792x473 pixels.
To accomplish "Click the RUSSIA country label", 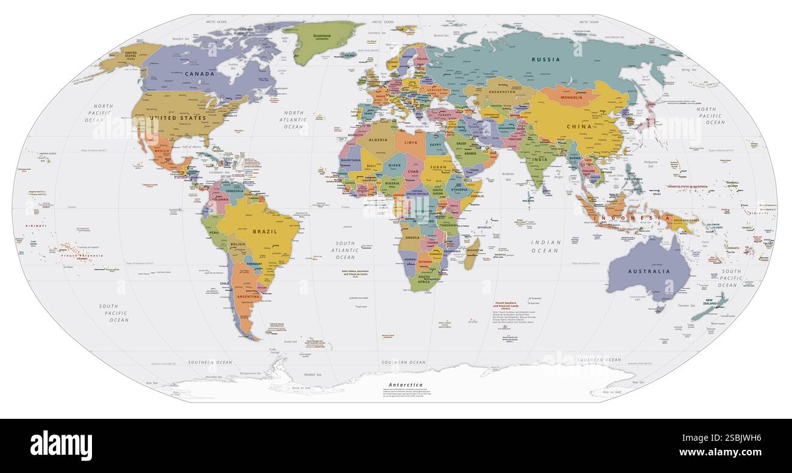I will [546, 60].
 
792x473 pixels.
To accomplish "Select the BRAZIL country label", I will [265, 231].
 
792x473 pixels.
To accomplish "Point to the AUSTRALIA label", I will [650, 272].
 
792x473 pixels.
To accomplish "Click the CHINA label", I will [579, 127].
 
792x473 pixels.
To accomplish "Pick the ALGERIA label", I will [378, 140].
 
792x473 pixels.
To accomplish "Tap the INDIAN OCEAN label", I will [545, 246].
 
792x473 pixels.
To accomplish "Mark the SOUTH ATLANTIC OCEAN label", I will [345, 250].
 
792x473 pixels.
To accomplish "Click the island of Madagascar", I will [471, 255].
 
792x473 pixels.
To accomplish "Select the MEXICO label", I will [162, 151].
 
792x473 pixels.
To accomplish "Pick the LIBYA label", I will [411, 142].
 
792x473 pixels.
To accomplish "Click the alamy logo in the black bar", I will [62, 445].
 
